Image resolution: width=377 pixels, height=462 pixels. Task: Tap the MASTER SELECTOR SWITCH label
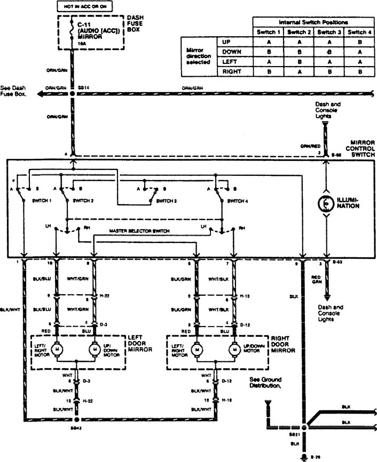click(x=140, y=231)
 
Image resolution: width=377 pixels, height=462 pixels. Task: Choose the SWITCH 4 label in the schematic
click(x=238, y=201)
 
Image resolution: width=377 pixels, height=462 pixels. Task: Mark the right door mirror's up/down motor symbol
click(x=234, y=350)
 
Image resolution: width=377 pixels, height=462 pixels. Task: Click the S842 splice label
click(x=77, y=428)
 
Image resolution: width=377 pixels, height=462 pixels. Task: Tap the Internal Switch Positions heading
click(x=313, y=22)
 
